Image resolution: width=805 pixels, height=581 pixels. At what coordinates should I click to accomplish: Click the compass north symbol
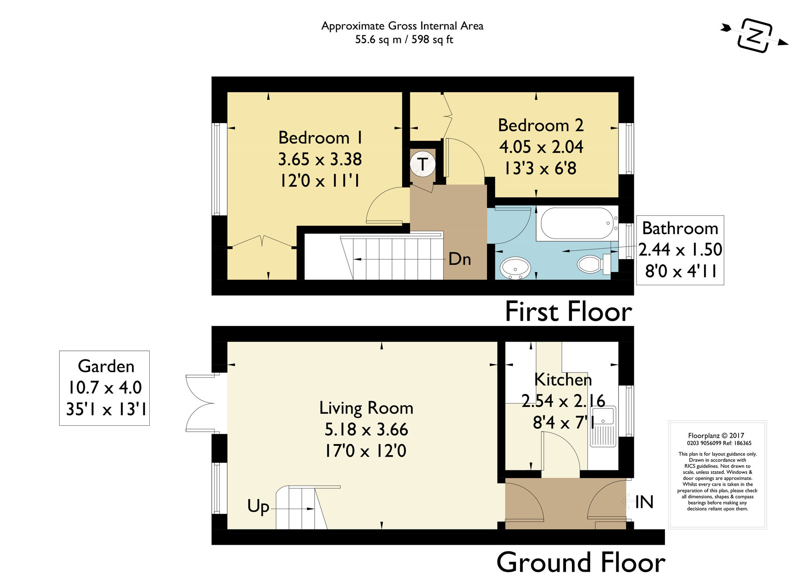[x=755, y=35]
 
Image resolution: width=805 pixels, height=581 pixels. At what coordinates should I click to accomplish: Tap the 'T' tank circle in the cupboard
[x=422, y=164]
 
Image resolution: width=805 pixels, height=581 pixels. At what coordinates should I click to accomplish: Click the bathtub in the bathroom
[x=576, y=223]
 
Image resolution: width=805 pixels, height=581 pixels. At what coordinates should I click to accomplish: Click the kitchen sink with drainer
[x=603, y=426]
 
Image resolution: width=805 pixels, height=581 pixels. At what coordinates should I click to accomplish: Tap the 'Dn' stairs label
[x=460, y=259]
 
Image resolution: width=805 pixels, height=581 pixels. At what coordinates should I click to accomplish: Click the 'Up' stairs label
[x=258, y=507]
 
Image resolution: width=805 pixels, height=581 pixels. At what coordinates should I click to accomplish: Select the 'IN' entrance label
[x=644, y=502]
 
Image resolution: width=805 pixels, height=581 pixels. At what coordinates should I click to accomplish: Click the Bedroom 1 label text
[x=320, y=138]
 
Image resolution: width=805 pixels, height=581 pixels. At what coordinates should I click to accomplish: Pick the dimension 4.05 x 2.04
[x=541, y=147]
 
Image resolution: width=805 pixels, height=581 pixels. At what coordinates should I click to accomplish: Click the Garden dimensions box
[x=105, y=388]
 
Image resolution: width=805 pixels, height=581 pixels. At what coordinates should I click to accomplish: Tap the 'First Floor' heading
[x=568, y=312]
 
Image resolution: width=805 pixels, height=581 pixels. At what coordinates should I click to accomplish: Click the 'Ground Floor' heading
[x=580, y=562]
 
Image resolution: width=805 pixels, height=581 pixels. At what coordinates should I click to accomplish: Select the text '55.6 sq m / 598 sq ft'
[x=404, y=40]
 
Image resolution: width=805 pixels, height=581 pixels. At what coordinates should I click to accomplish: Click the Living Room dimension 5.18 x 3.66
[x=366, y=429]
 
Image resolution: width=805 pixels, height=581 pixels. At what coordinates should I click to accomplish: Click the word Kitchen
[x=563, y=380]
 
